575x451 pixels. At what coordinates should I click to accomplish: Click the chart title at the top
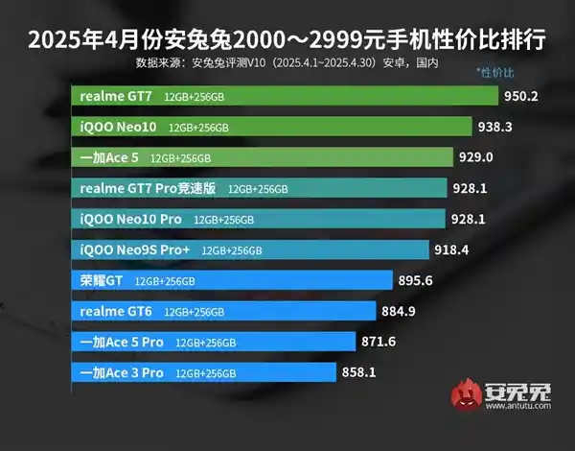coord(287,41)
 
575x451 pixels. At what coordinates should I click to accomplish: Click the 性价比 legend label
coord(494,73)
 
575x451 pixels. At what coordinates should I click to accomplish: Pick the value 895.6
coord(416,280)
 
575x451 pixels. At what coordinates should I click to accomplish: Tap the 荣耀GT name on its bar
coord(103,281)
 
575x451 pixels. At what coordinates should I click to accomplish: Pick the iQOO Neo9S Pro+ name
coord(135,249)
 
